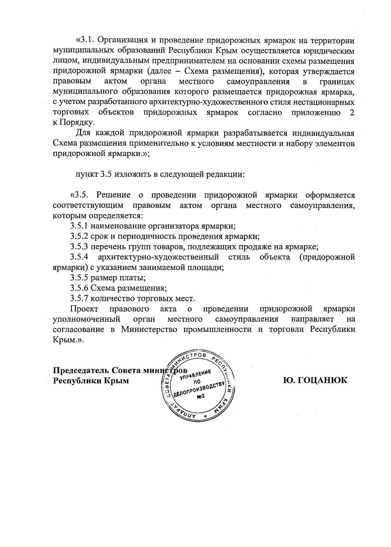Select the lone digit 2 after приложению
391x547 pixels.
point(352,113)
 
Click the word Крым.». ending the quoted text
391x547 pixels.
point(68,340)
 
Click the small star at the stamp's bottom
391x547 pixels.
point(205,416)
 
